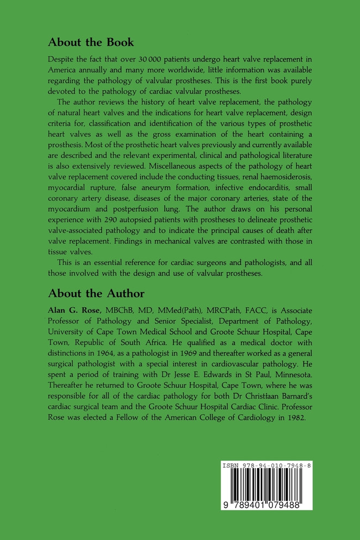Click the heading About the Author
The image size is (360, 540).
[96, 294]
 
